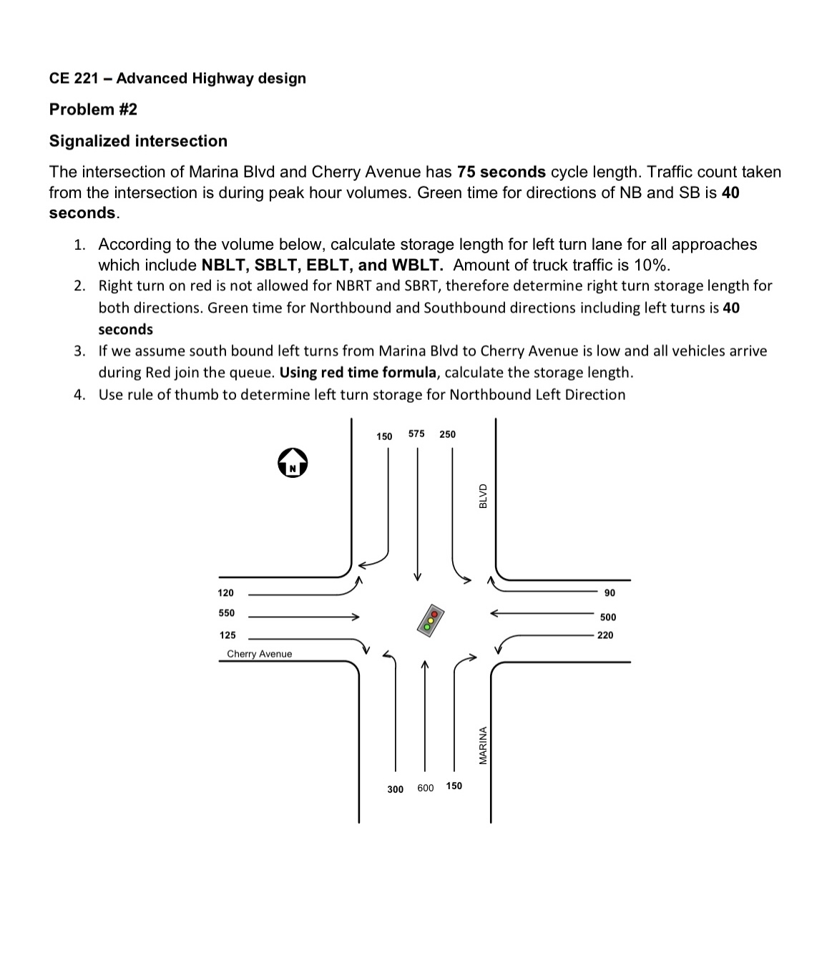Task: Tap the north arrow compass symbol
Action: click(x=292, y=463)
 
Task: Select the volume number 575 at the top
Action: click(x=416, y=434)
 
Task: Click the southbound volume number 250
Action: click(x=447, y=434)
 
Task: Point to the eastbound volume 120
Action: click(x=225, y=593)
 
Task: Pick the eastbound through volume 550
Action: click(x=226, y=613)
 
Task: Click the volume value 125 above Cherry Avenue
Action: click(x=227, y=635)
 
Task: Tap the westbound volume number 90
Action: click(x=610, y=593)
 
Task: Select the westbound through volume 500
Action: click(x=608, y=617)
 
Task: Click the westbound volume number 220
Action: click(x=605, y=635)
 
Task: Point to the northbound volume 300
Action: click(x=395, y=789)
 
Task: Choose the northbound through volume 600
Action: click(x=425, y=788)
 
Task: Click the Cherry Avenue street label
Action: click(x=259, y=654)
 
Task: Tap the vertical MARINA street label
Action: click(x=483, y=745)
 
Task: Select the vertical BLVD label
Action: click(x=483, y=496)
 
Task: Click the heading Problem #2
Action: click(x=93, y=109)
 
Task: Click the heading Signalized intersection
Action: click(x=138, y=141)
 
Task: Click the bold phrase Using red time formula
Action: click(x=359, y=373)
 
